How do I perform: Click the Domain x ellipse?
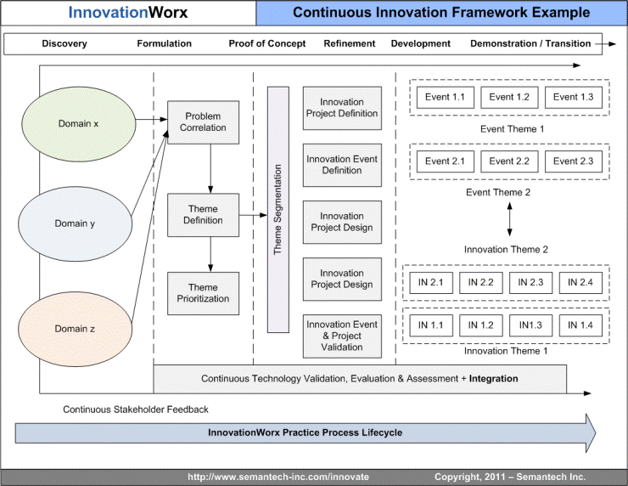click(78, 124)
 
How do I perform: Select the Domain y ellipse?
click(75, 223)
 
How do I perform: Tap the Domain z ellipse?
click(75, 329)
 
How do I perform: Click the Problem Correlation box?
click(203, 122)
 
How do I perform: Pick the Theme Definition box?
click(203, 215)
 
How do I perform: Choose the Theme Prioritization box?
click(203, 293)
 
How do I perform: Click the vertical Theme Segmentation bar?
click(278, 210)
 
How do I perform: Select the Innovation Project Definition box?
click(342, 108)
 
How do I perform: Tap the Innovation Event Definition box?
click(342, 165)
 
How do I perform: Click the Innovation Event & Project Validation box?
click(342, 336)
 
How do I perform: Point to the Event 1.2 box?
click(509, 98)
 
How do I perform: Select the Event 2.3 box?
click(573, 161)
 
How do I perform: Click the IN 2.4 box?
click(580, 283)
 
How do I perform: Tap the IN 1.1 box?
click(431, 325)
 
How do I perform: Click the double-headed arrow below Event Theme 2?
click(509, 219)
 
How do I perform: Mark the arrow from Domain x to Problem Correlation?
click(151, 119)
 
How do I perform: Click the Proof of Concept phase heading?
click(266, 43)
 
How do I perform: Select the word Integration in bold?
click(493, 379)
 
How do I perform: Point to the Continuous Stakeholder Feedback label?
click(136, 410)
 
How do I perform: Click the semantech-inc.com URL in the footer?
click(278, 477)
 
